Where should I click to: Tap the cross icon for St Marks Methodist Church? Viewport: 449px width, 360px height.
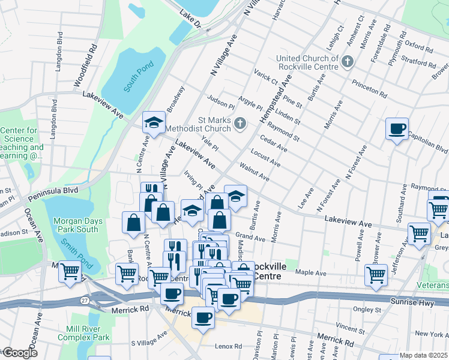point(240,124)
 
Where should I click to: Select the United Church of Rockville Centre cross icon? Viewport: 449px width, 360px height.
point(348,61)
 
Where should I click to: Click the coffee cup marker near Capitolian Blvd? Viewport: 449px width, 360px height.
point(397,128)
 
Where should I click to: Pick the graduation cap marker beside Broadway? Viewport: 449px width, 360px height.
point(154,122)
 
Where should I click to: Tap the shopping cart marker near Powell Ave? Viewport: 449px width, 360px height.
point(376,275)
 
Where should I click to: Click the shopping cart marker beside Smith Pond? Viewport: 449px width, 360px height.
point(70,271)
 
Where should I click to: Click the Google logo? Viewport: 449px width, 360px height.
point(19,353)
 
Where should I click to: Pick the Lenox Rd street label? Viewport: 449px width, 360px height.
point(229,346)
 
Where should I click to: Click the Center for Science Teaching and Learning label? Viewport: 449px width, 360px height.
point(22,143)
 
